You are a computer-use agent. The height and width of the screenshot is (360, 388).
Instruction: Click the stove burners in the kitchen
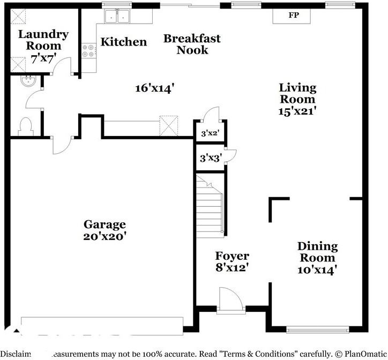coord(88,51)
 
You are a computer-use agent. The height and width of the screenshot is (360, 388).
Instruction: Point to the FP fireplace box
coord(293,16)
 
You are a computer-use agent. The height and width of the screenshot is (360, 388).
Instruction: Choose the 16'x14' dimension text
coord(155,88)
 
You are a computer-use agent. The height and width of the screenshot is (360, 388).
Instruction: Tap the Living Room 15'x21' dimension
coord(297,111)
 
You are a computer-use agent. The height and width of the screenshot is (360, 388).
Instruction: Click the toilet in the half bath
coord(25,126)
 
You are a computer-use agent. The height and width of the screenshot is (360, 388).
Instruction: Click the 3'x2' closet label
coord(209,132)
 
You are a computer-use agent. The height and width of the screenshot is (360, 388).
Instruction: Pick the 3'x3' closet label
coord(209,158)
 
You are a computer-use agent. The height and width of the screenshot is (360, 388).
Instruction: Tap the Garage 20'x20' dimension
coord(105,236)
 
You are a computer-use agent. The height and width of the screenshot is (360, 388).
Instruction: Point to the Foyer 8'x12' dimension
coord(232,267)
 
